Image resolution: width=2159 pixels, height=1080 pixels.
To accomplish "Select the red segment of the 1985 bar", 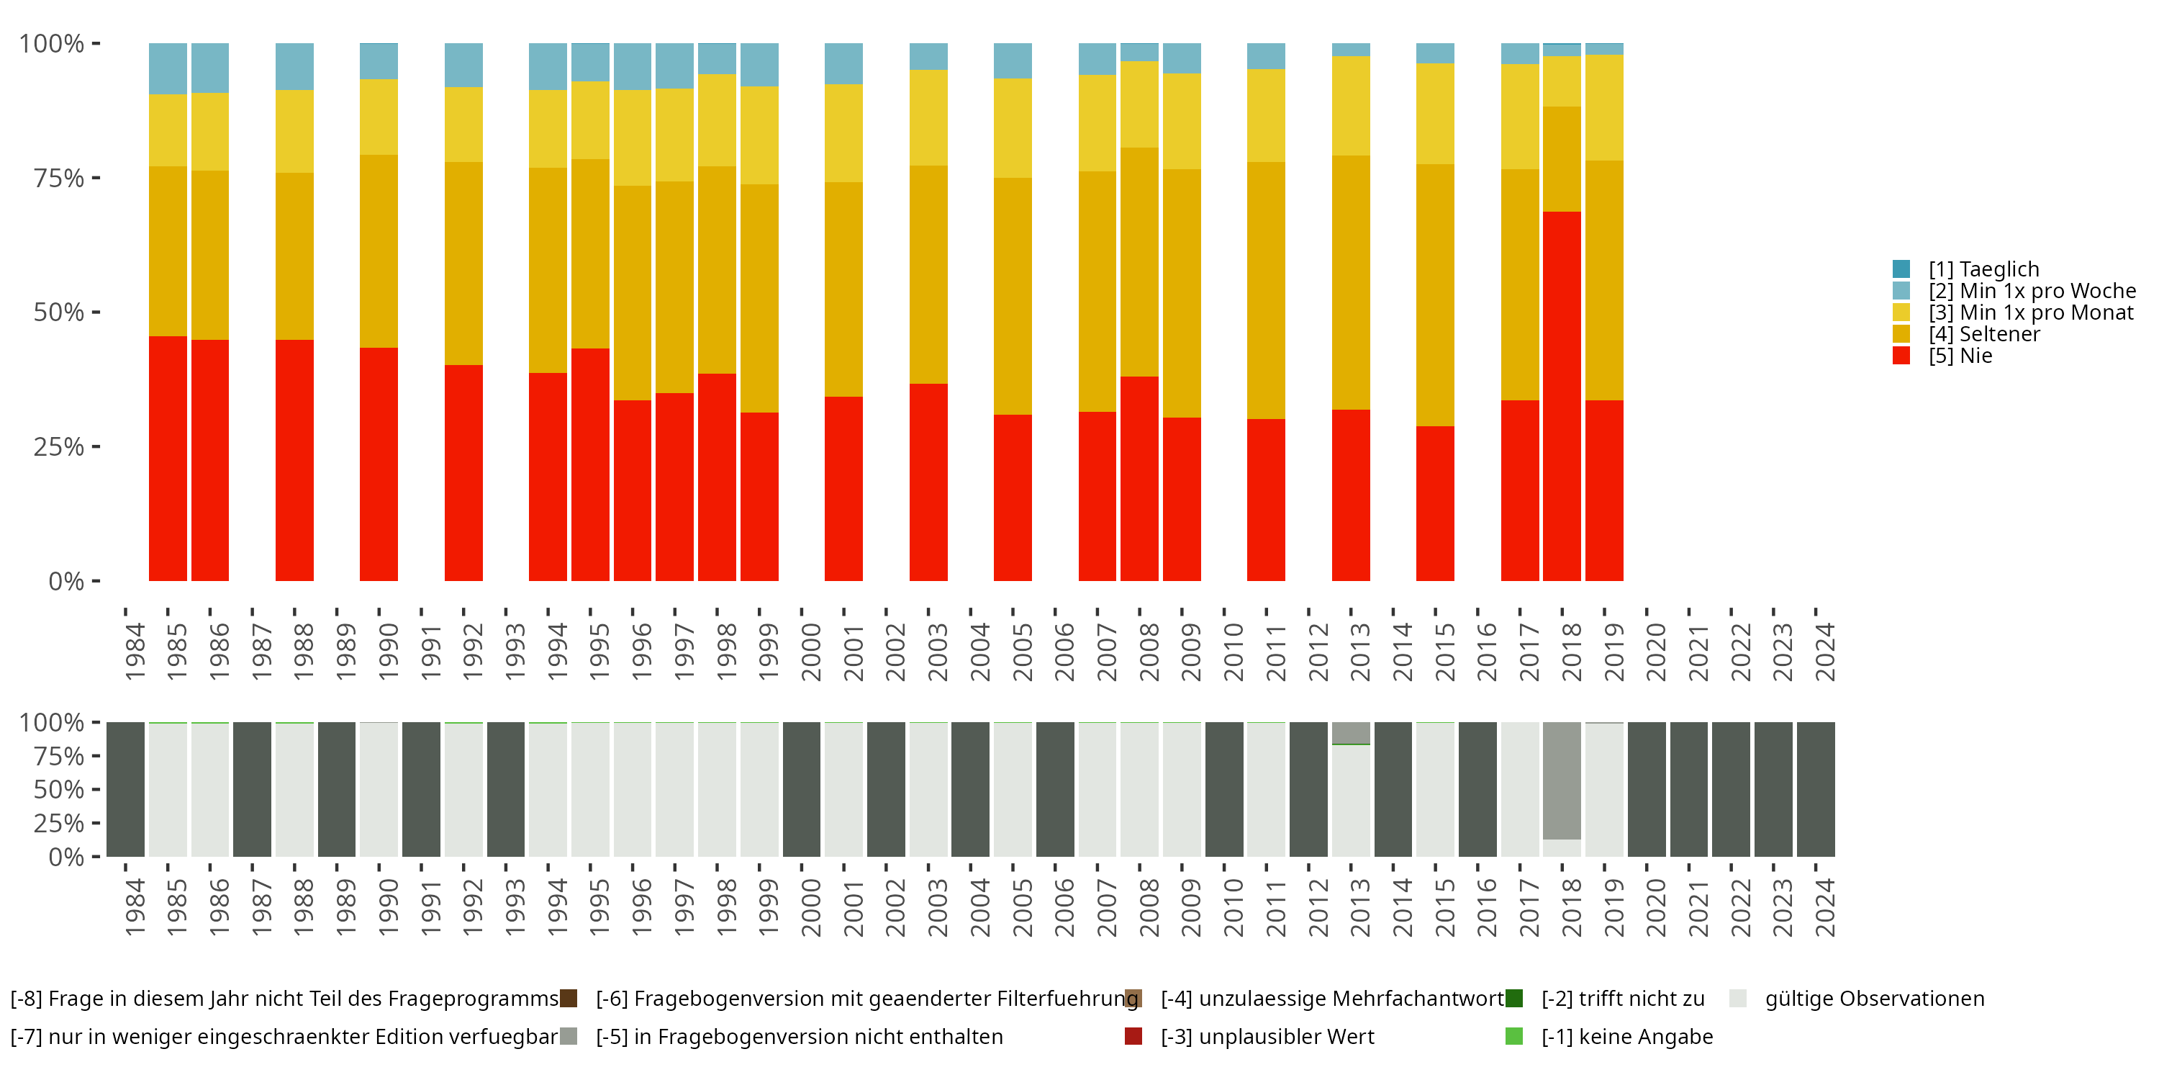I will pyautogui.click(x=168, y=458).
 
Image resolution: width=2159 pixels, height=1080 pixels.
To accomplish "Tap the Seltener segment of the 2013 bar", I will pyautogui.click(x=1350, y=282).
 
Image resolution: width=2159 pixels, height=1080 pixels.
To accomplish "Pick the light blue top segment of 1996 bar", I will pyautogui.click(x=632, y=66).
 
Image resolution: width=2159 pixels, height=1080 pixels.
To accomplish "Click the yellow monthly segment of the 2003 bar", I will pyautogui.click(x=928, y=117).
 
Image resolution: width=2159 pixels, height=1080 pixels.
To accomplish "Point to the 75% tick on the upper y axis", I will pyautogui.click(x=96, y=178).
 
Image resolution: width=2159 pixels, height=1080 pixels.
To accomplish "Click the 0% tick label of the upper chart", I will pyautogui.click(x=65, y=581).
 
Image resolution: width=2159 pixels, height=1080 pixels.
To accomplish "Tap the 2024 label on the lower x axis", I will pyautogui.click(x=1824, y=907).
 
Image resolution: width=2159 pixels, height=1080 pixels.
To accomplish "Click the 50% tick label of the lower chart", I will pyautogui.click(x=59, y=789).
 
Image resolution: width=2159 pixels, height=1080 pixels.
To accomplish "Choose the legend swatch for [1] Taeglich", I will pyautogui.click(x=1901, y=269).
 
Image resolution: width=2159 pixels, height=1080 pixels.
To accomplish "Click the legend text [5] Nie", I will pyautogui.click(x=1960, y=356).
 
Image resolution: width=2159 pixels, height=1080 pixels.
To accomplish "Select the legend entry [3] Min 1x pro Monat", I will pyautogui.click(x=2030, y=312).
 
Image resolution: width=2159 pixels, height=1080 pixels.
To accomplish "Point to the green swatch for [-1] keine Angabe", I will pyautogui.click(x=1513, y=1036).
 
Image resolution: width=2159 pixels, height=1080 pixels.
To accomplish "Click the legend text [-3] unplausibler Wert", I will pyautogui.click(x=1267, y=1036).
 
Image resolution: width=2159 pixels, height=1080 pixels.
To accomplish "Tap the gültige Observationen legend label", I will pyautogui.click(x=1874, y=999).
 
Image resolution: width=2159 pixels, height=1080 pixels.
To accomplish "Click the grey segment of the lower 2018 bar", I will pyautogui.click(x=1562, y=780).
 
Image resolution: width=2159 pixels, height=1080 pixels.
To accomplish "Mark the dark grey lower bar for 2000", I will pyautogui.click(x=801, y=789).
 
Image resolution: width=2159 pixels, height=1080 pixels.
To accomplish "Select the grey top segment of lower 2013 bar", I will pyautogui.click(x=1350, y=732).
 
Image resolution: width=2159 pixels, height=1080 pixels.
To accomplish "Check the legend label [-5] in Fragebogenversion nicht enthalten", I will pyautogui.click(x=799, y=1036).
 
